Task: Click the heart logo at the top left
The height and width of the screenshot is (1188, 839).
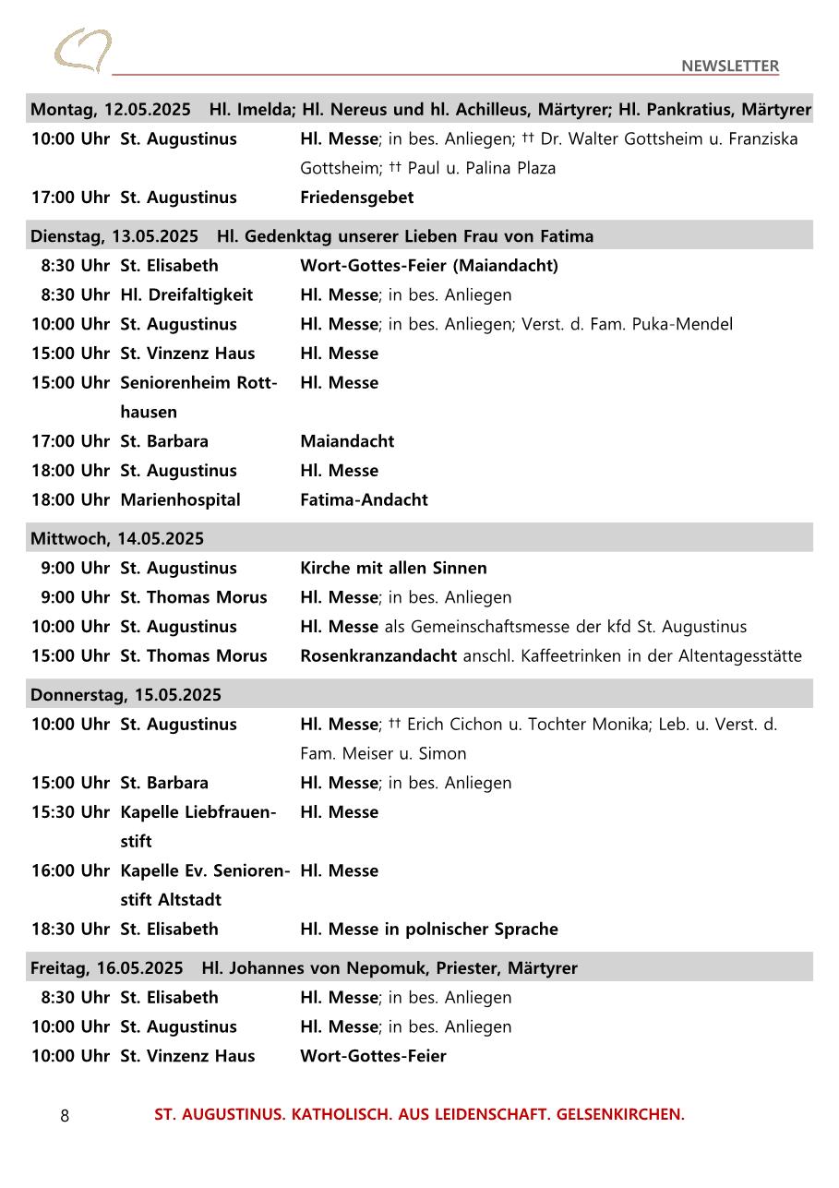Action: click(x=83, y=50)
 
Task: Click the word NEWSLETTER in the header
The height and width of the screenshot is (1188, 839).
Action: click(x=730, y=66)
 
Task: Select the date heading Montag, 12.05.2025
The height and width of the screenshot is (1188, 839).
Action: click(x=111, y=110)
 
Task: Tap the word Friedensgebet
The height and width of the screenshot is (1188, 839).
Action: click(x=356, y=198)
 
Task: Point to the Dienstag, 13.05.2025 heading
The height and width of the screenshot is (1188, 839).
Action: click(x=114, y=236)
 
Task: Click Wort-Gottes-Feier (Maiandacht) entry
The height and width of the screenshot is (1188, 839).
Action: click(x=428, y=266)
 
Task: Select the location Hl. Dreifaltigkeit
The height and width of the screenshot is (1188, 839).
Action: click(x=186, y=295)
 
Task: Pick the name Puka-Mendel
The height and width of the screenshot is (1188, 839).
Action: click(x=686, y=324)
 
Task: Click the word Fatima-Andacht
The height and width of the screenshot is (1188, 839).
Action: click(x=364, y=500)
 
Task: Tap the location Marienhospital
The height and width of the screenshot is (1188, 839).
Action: click(x=180, y=500)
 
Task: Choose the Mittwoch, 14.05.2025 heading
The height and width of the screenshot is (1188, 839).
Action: click(x=117, y=539)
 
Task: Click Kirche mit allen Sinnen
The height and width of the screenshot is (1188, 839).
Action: click(x=393, y=569)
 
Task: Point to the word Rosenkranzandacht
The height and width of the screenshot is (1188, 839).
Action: click(x=378, y=656)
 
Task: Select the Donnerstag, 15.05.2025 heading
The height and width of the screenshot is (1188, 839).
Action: click(x=126, y=695)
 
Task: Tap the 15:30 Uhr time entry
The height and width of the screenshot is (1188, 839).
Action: click(x=70, y=812)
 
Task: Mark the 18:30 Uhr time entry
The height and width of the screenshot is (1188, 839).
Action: click(x=70, y=930)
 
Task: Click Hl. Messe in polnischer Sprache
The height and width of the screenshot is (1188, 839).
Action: click(x=428, y=930)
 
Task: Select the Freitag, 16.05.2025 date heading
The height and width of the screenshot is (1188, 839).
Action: click(x=107, y=968)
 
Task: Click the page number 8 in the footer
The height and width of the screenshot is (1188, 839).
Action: click(x=65, y=1116)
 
